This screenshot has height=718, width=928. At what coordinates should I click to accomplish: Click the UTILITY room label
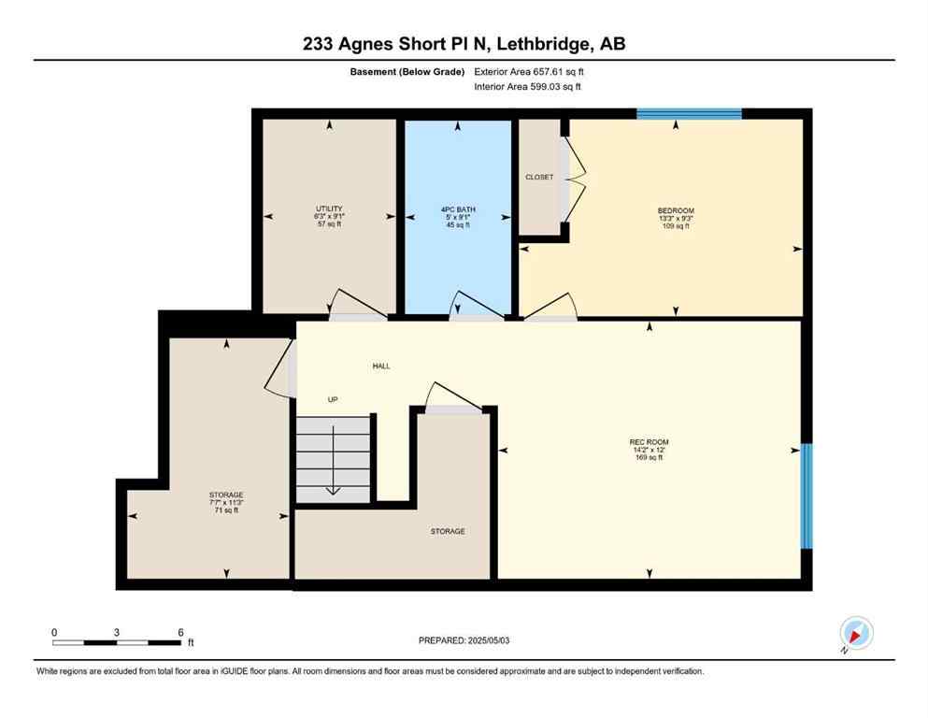328,208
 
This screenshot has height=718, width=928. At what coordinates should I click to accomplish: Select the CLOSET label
539,177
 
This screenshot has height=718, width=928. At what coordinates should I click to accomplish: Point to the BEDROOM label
676,210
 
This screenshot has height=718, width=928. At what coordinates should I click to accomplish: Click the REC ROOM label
649,442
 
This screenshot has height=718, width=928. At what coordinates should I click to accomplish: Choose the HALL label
381,366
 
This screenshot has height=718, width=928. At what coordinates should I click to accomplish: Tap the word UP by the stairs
332,399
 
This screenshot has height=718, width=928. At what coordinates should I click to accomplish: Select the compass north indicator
856,634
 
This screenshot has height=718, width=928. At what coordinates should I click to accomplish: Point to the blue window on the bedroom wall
689,114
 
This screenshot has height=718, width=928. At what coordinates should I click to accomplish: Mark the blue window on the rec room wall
807,495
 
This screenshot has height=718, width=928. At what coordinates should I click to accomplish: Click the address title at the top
464,44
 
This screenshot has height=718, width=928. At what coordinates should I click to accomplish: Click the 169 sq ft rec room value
649,457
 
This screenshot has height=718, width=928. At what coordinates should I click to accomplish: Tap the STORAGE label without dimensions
448,531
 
